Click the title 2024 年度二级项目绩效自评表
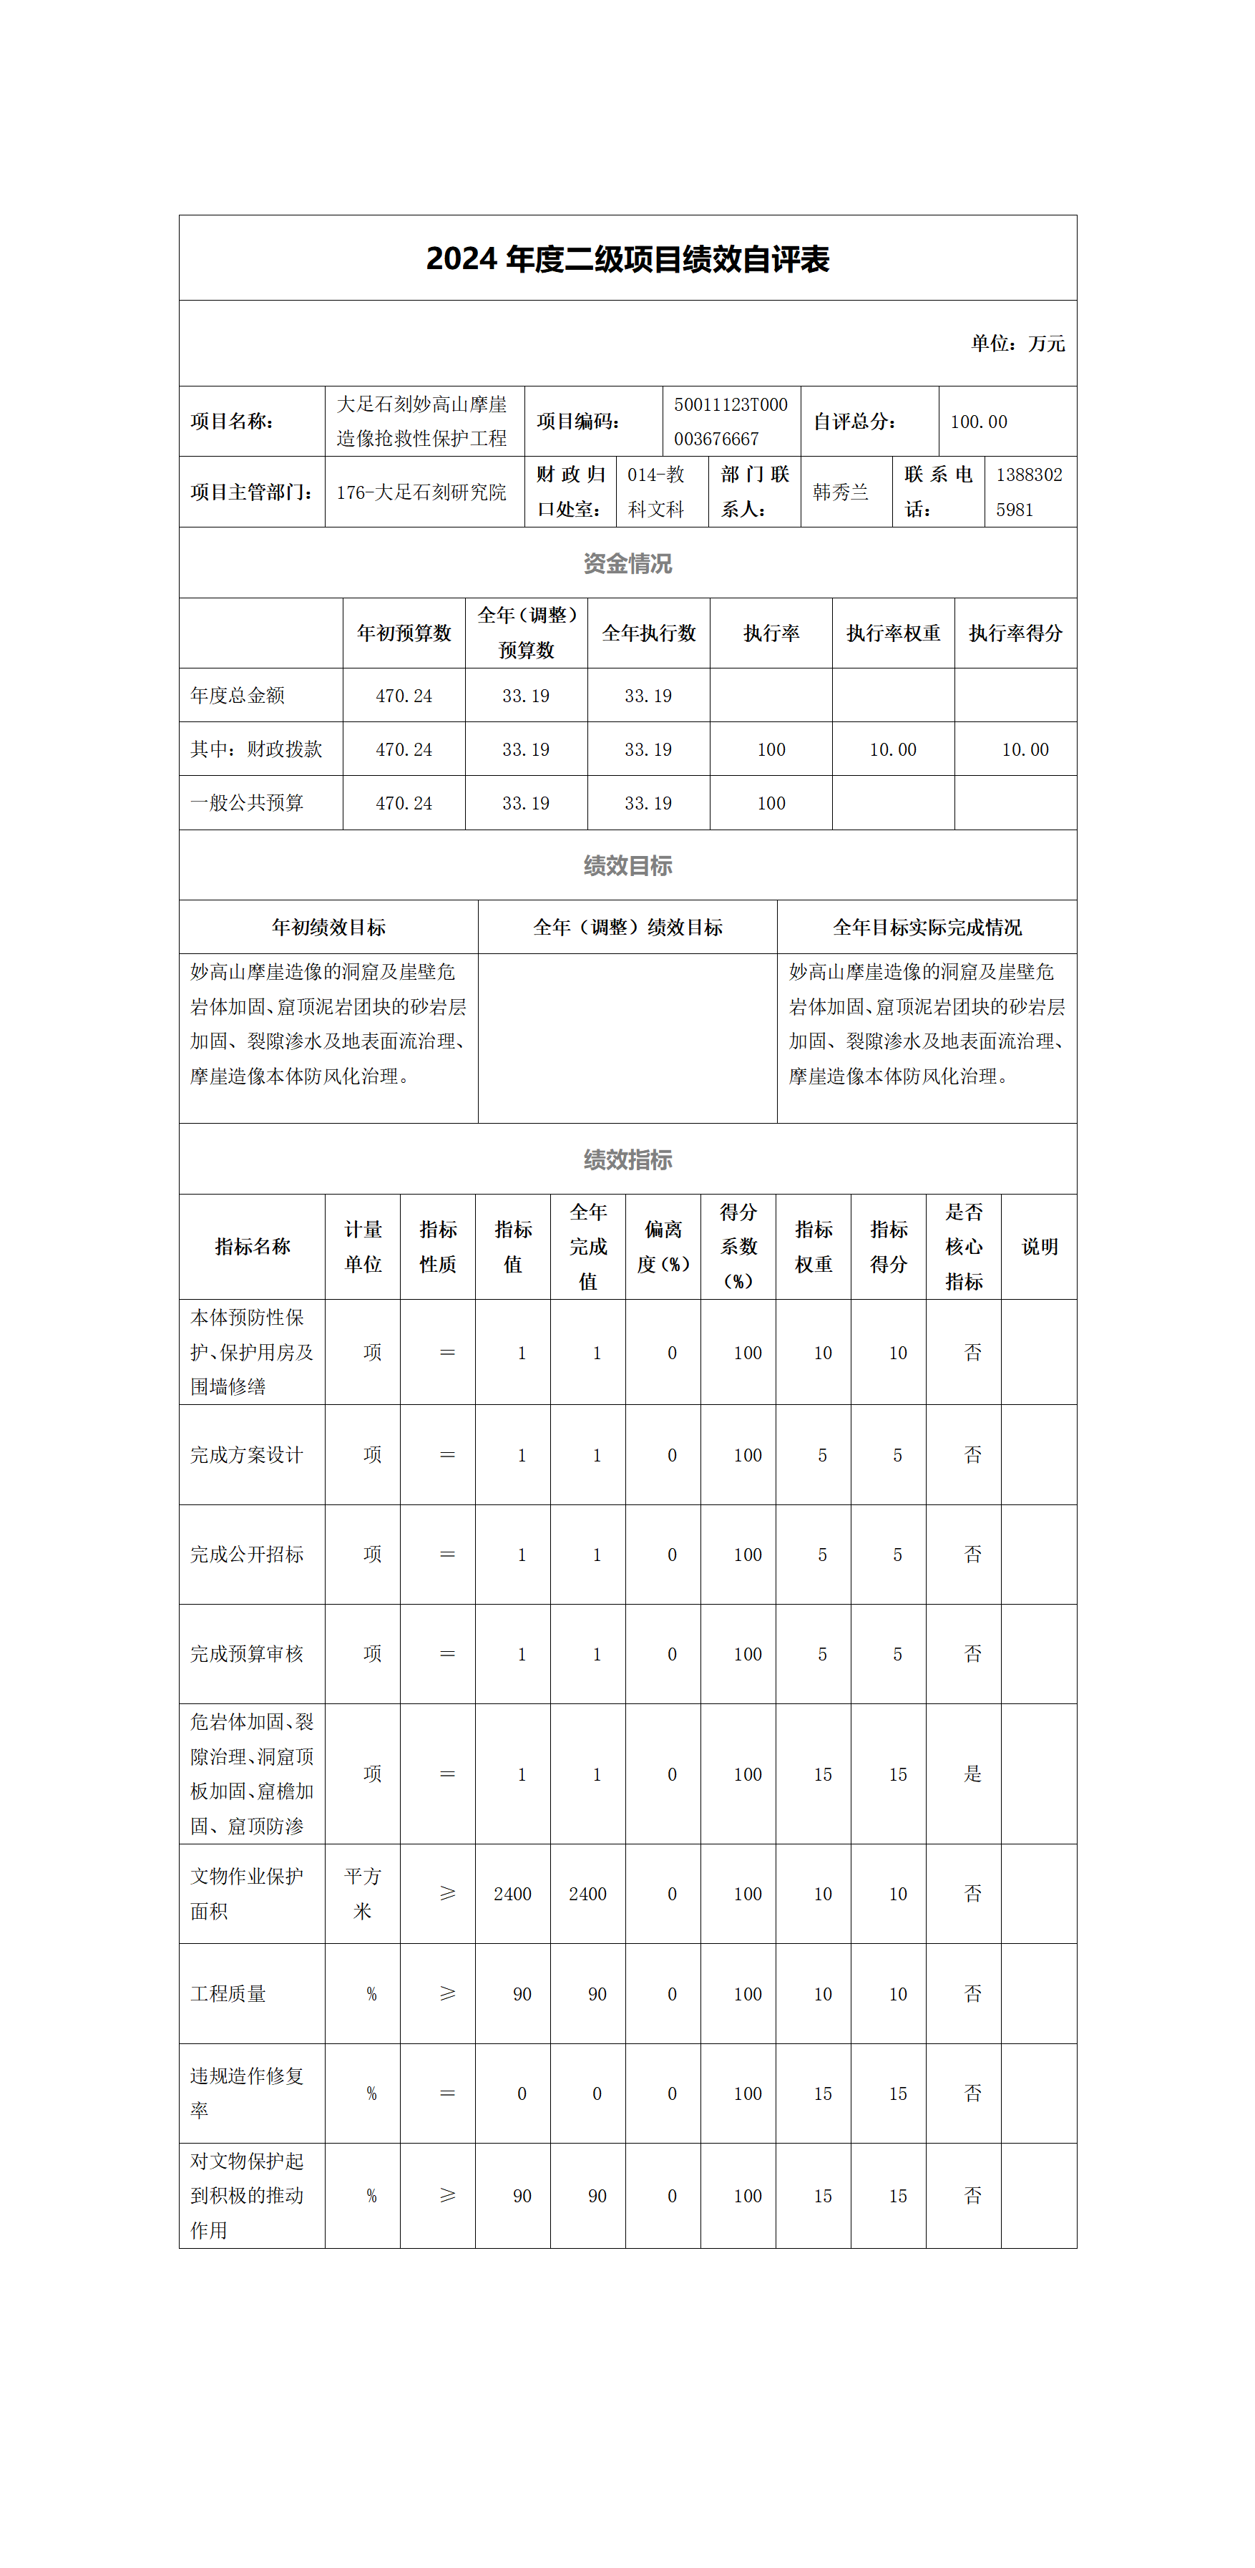tap(627, 259)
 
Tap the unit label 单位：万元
tap(1017, 343)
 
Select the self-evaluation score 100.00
tap(978, 422)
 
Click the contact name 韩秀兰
tap(840, 492)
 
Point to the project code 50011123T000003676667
tap(730, 422)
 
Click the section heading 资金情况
tap(627, 563)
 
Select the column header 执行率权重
tap(893, 633)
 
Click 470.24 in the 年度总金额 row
tap(404, 696)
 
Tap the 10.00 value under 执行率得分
tap(1025, 749)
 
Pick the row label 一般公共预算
tap(248, 802)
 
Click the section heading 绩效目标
tap(627, 865)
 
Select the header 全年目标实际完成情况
tap(927, 927)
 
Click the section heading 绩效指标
tap(627, 1159)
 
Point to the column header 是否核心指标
tap(964, 1246)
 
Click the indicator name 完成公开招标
tap(248, 1554)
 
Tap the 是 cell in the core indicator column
tap(973, 1774)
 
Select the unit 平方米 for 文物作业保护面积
tap(363, 1893)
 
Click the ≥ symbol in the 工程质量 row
tap(448, 1994)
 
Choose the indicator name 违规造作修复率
tap(248, 2093)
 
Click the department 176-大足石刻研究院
tap(421, 492)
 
